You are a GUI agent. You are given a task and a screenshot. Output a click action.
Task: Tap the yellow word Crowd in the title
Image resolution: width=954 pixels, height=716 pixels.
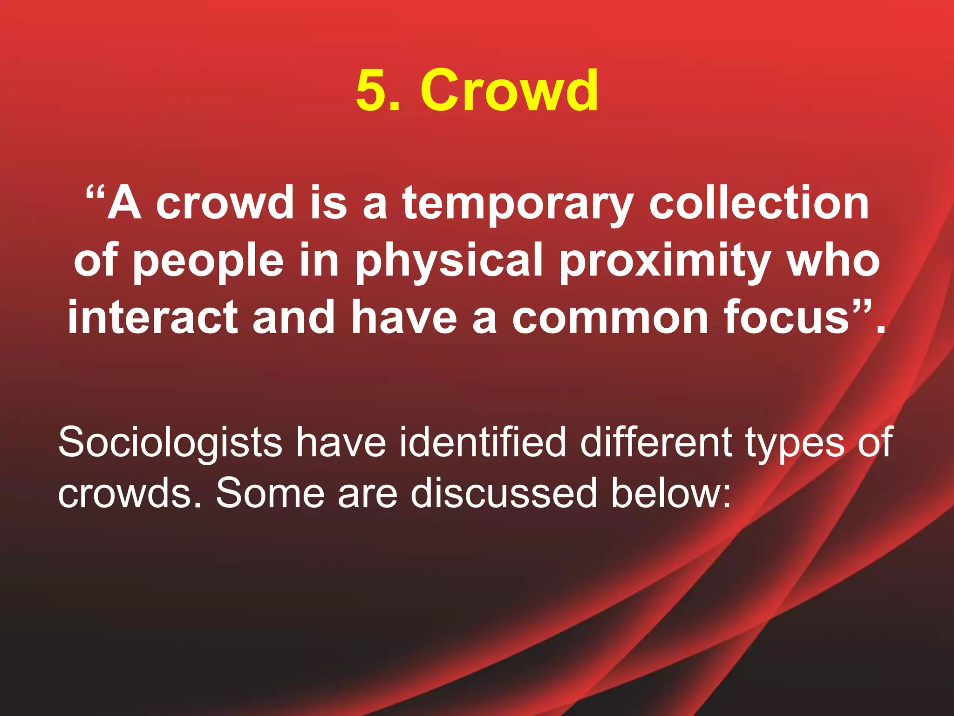point(509,89)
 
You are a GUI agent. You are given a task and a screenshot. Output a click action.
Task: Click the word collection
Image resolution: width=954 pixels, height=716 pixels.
point(759,202)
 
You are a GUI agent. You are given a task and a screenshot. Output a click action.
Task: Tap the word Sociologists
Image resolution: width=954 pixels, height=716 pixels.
point(170,443)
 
